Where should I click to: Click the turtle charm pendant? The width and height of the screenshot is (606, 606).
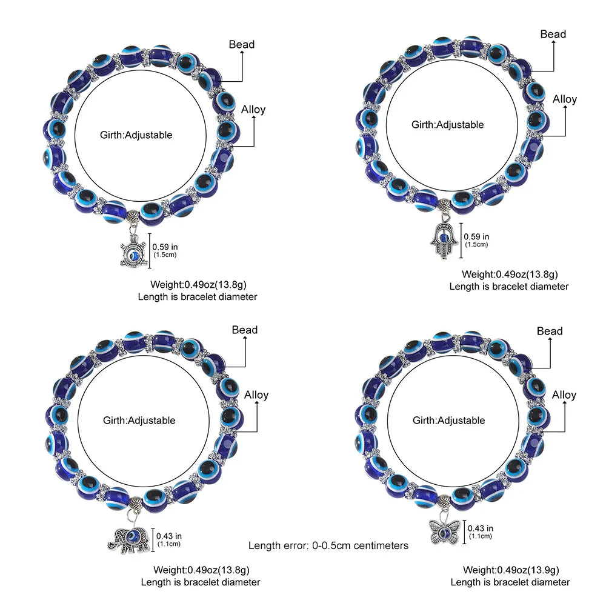pyautogui.click(x=130, y=251)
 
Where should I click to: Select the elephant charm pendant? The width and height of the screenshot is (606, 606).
pyautogui.click(x=128, y=537)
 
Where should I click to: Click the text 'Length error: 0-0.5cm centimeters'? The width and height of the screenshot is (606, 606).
pyautogui.click(x=328, y=545)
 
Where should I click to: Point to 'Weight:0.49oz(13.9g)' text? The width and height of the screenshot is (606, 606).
pyautogui.click(x=511, y=570)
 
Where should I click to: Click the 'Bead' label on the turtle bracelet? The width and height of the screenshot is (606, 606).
pyautogui.click(x=242, y=44)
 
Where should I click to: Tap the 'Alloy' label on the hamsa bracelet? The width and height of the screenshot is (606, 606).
pyautogui.click(x=565, y=99)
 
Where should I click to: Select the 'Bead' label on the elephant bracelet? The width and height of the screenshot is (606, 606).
pyautogui.click(x=245, y=330)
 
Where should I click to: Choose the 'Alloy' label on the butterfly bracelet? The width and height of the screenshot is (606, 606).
pyautogui.click(x=564, y=395)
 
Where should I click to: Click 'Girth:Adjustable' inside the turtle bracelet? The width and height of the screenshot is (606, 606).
pyautogui.click(x=136, y=135)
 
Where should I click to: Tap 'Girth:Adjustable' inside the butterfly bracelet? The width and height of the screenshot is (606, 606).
pyautogui.click(x=449, y=420)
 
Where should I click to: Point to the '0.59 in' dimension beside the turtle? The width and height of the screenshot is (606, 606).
pyautogui.click(x=164, y=247)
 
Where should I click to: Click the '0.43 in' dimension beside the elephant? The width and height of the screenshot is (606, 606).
pyautogui.click(x=169, y=536)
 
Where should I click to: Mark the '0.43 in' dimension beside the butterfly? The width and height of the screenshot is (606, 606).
pyautogui.click(x=481, y=528)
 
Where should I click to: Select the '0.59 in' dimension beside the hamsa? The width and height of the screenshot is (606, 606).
pyautogui.click(x=476, y=237)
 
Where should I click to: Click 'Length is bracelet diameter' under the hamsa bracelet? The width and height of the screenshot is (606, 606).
pyautogui.click(x=509, y=286)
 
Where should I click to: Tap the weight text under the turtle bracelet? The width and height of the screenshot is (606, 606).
pyautogui.click(x=198, y=284)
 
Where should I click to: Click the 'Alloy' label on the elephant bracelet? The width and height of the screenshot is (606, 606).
pyautogui.click(x=256, y=395)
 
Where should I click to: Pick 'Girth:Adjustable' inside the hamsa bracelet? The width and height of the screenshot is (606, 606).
pyautogui.click(x=448, y=125)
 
